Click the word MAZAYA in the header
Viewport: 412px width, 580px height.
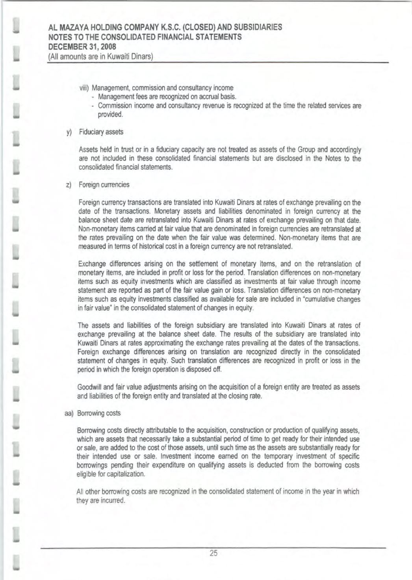(x=73, y=28)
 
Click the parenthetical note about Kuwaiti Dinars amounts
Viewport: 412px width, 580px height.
(x=100, y=56)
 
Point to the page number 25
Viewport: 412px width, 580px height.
(x=213, y=553)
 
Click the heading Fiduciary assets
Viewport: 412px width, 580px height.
(x=101, y=132)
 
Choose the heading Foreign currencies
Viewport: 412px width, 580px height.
(x=104, y=184)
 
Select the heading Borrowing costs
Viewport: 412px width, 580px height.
(x=99, y=413)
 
